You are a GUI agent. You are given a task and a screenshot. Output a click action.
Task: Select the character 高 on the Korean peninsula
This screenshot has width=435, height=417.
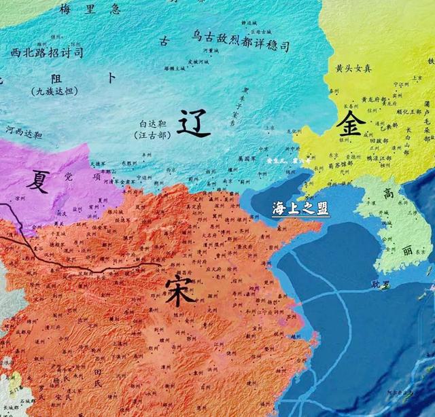click(x=387, y=194)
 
